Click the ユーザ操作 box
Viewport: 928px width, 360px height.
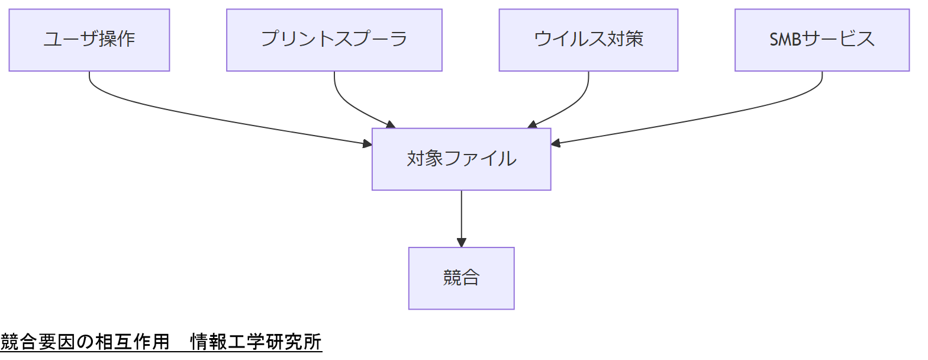pyautogui.click(x=89, y=40)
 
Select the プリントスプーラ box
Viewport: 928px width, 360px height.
pyautogui.click(x=334, y=40)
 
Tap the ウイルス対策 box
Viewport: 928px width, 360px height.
pyautogui.click(x=588, y=40)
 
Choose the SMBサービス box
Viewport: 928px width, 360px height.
pyautogui.click(x=822, y=40)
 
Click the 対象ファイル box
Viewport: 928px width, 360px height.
pyautogui.click(x=461, y=159)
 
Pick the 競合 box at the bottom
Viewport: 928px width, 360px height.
pyautogui.click(x=461, y=278)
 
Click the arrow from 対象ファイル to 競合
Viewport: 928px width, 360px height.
pyautogui.click(x=461, y=216)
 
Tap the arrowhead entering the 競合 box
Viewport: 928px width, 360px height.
pyautogui.click(x=461, y=243)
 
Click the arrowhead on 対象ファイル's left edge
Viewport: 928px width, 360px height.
pyautogui.click(x=367, y=143)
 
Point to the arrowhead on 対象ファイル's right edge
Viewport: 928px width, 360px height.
pyautogui.click(x=556, y=143)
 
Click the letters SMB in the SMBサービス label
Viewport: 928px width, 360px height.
pyautogui.click(x=784, y=40)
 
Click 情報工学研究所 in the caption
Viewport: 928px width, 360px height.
pyautogui.click(x=256, y=342)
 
